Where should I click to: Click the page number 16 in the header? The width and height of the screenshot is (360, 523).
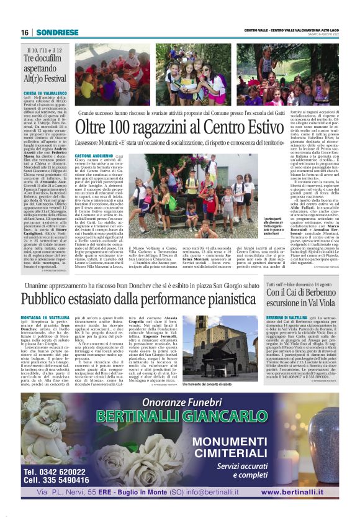pos(25,32)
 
